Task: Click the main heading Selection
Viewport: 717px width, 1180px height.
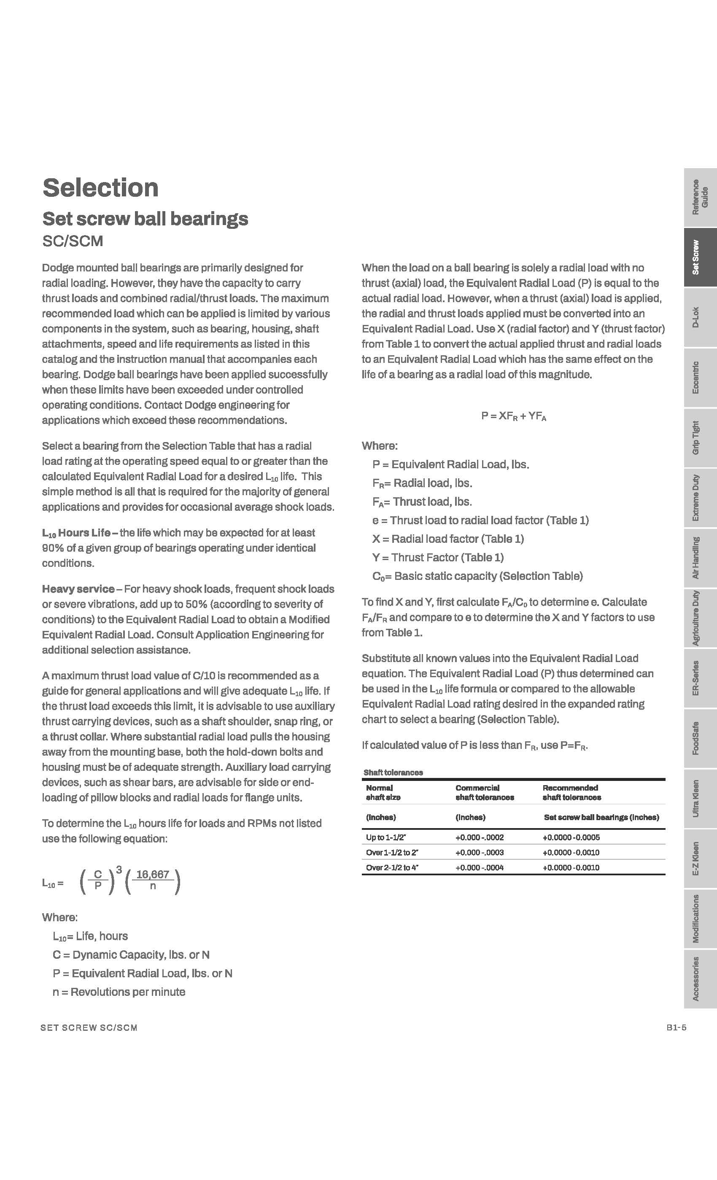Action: click(100, 188)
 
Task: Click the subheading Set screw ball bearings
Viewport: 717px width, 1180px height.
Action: click(145, 219)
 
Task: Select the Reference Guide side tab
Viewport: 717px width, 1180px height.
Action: click(700, 197)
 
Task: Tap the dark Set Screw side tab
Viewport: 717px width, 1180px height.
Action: click(700, 257)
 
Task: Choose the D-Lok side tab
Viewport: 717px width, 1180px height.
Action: click(700, 317)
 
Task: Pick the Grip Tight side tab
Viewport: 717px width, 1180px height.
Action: click(700, 438)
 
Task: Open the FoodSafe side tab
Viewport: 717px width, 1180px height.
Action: click(700, 738)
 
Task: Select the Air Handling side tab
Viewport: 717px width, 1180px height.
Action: click(700, 558)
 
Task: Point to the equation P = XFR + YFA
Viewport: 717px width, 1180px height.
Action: click(513, 416)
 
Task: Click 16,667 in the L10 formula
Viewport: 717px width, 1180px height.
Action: click(153, 874)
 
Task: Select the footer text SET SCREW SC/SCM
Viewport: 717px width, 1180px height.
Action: click(89, 1028)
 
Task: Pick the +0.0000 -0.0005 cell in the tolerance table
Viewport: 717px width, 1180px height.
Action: click(571, 837)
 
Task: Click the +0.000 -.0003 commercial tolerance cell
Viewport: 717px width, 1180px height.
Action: click(479, 853)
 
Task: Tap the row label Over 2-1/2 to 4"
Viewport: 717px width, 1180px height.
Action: click(392, 867)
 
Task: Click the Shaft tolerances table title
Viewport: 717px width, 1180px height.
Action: click(393, 772)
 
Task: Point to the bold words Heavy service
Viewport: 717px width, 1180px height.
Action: click(78, 589)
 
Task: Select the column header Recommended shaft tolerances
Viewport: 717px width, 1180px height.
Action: click(571, 792)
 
